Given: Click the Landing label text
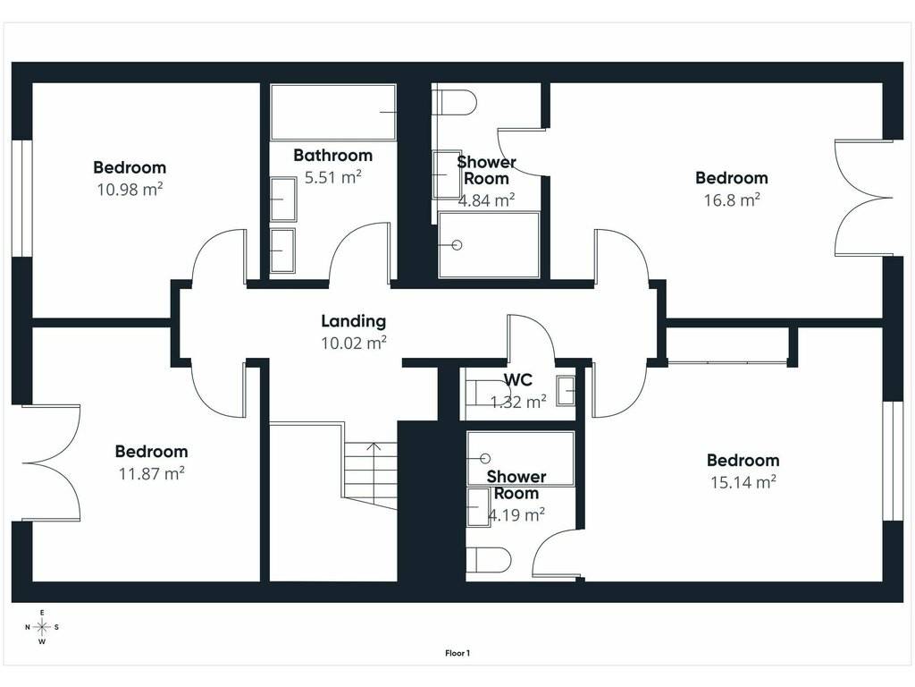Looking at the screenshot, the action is pyautogui.click(x=354, y=321).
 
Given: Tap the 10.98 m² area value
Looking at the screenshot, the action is pyautogui.click(x=130, y=190).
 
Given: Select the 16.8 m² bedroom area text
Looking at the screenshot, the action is pyautogui.click(x=732, y=199).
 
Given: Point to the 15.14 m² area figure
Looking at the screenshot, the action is pyautogui.click(x=743, y=482).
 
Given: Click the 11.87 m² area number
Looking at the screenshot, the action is pyautogui.click(x=152, y=473).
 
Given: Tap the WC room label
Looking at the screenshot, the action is pyautogui.click(x=518, y=380).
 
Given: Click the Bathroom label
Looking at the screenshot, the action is pyautogui.click(x=332, y=156).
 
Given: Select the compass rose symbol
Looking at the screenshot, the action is pyautogui.click(x=42, y=627).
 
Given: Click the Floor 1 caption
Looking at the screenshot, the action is pyautogui.click(x=457, y=653).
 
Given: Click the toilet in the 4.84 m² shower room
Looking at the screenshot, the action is pyautogui.click(x=457, y=104).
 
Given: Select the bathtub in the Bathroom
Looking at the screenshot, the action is pyautogui.click(x=333, y=112).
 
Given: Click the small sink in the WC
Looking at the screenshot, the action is pyautogui.click(x=566, y=391).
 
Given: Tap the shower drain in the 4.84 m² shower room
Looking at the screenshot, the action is pyautogui.click(x=457, y=245).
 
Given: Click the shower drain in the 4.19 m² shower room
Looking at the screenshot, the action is pyautogui.click(x=485, y=459).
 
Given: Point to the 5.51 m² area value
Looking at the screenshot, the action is pyautogui.click(x=333, y=177).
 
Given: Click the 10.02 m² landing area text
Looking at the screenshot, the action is pyautogui.click(x=354, y=343).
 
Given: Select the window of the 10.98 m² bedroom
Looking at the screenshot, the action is pyautogui.click(x=21, y=198).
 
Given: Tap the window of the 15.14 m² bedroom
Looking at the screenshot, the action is pyautogui.click(x=893, y=461).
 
